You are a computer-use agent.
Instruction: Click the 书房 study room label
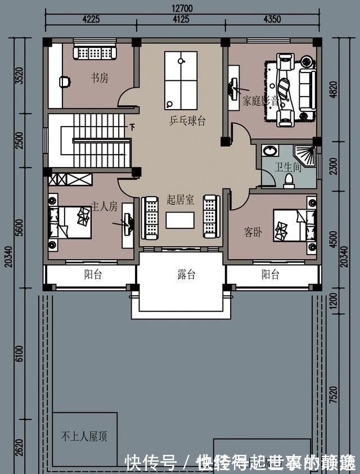pos(100,78)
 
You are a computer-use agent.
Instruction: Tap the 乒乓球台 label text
pos(187,121)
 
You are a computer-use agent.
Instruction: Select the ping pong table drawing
pos(181,80)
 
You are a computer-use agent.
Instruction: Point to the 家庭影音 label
pos(261,102)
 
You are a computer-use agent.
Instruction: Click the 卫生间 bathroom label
pos(287,168)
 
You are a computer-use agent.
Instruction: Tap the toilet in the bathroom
pos(289,180)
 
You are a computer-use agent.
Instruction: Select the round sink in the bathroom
pos(271,151)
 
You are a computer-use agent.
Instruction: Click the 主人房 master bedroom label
pos(104,207)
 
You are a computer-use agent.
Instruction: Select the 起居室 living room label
pos(180,200)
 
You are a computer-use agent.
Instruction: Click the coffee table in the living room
pos(180,220)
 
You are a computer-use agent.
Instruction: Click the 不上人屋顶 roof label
pos(84,436)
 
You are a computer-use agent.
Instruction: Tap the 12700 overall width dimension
pos(181,8)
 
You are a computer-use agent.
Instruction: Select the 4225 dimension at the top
pos(91,19)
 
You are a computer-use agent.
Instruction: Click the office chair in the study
pos(65,82)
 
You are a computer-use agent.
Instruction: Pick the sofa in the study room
pos(94,52)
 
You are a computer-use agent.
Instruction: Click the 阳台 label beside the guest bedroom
pos(271,275)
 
